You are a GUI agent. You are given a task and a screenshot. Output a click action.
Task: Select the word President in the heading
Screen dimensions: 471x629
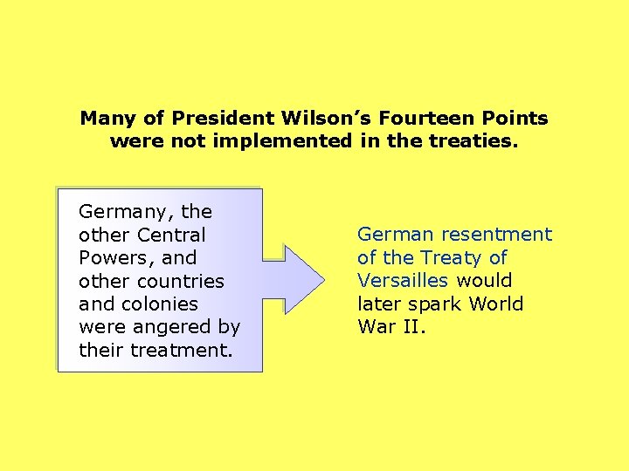tap(225, 118)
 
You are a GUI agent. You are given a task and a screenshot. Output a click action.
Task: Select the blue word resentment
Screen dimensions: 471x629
tap(497, 235)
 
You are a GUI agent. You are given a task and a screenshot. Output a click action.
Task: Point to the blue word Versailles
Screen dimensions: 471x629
tap(403, 281)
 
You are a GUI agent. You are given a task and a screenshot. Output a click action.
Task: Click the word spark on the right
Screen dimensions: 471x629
tap(437, 304)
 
